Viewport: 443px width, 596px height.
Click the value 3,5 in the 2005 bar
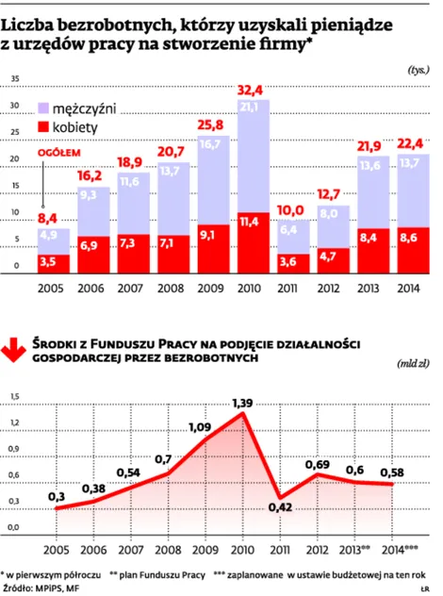53,259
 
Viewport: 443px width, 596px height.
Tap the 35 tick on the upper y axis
13,78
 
